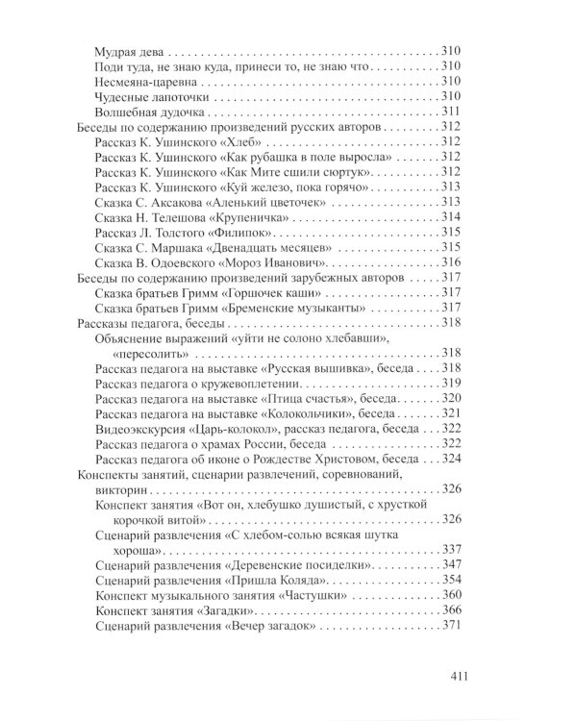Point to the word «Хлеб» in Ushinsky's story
[x=259, y=141]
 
